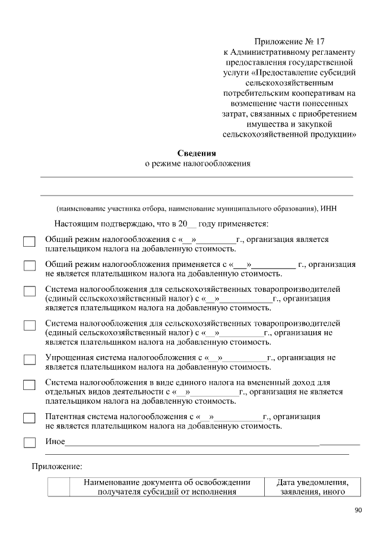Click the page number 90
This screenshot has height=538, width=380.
click(x=357, y=510)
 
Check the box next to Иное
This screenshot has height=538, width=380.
click(x=29, y=443)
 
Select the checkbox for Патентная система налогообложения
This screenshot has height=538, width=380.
click(x=29, y=418)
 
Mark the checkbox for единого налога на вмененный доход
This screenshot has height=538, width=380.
click(x=29, y=385)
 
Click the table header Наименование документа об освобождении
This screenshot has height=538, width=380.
click(x=167, y=482)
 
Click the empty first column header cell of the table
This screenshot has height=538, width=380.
click(x=59, y=486)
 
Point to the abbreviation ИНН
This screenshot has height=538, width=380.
click(x=328, y=209)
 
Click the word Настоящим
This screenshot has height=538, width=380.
click(x=75, y=224)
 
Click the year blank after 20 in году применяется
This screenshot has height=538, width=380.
click(x=192, y=225)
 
